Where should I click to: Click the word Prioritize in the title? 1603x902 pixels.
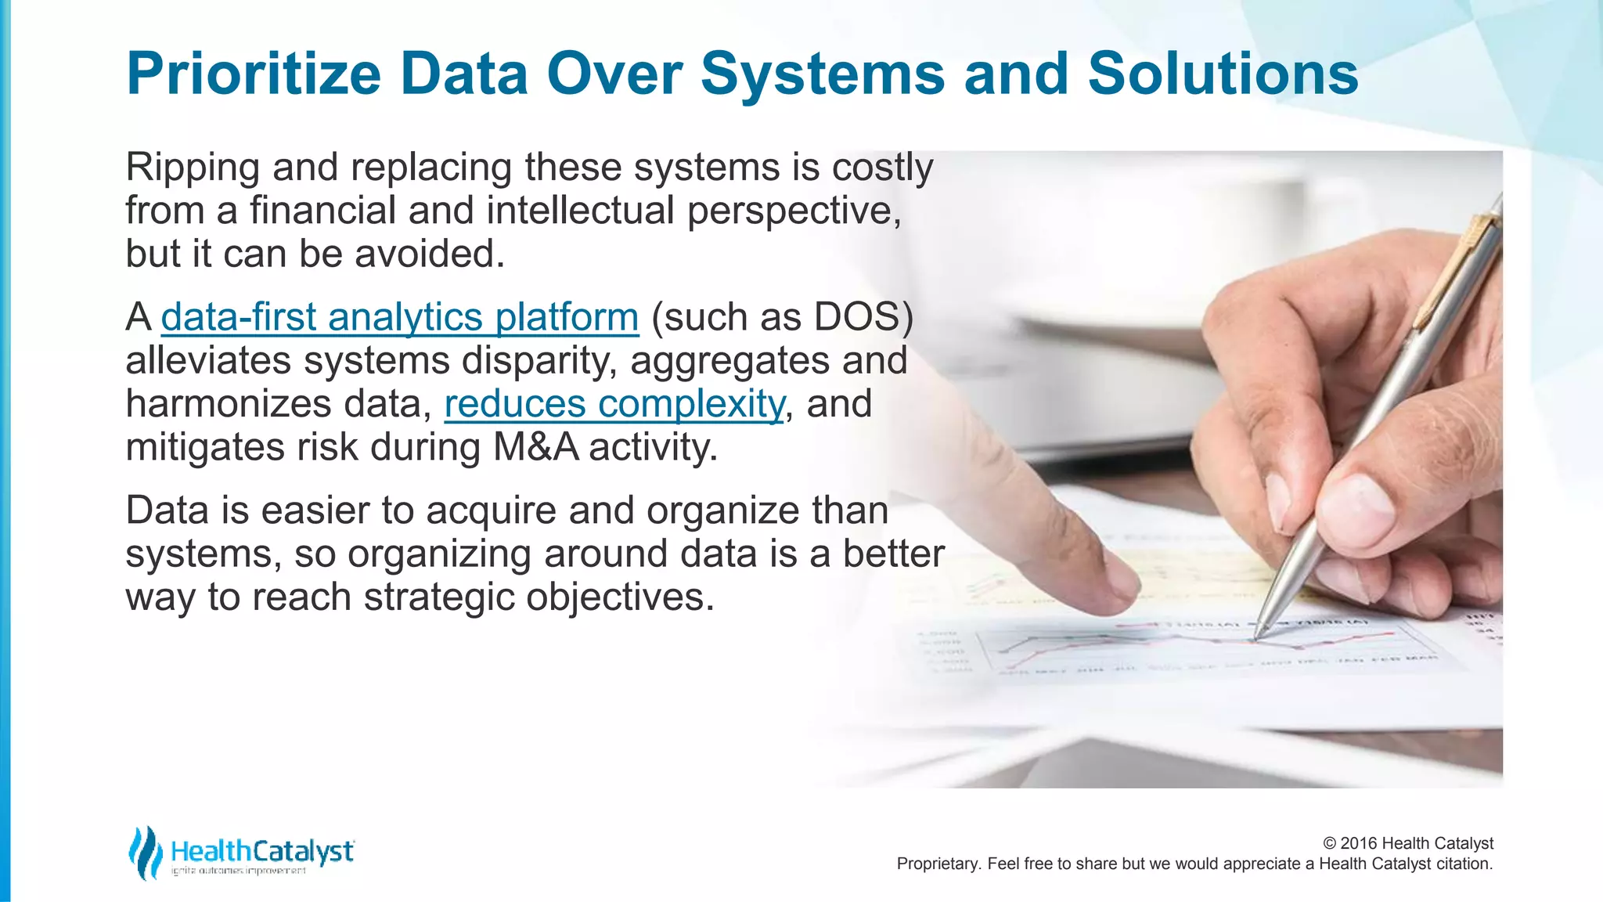click(253, 74)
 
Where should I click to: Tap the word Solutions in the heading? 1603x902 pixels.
click(1223, 74)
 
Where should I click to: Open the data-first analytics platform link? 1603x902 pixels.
click(400, 317)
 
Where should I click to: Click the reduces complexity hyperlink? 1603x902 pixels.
click(614, 404)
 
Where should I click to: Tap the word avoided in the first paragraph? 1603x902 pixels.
click(430, 254)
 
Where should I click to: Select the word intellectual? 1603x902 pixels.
click(580, 211)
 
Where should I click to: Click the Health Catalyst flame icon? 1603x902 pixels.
click(145, 852)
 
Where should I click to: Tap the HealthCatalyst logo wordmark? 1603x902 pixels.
click(262, 851)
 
